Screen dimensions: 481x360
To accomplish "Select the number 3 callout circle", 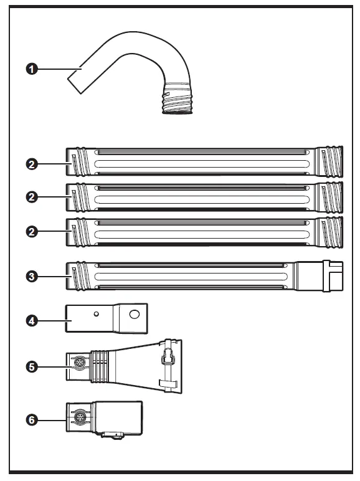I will click(30, 275).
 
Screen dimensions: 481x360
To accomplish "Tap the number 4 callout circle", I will click(30, 320).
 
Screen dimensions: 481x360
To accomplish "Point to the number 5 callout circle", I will click(30, 366).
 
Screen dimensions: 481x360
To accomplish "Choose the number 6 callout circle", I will click(30, 419).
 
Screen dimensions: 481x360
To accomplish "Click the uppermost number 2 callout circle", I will click(30, 164).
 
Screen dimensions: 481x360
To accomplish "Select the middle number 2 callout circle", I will click(30, 197).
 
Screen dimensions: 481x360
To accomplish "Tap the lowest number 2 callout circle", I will click(30, 231).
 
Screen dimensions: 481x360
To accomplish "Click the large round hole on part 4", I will click(135, 315).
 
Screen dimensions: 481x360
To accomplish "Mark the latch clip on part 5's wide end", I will click(166, 357).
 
